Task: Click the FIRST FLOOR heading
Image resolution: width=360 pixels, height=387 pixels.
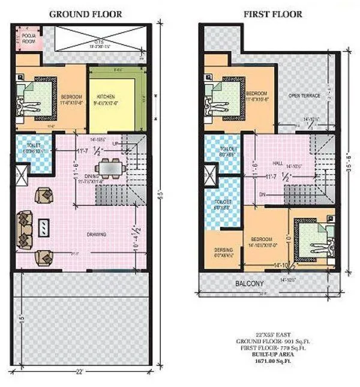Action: pos(274,14)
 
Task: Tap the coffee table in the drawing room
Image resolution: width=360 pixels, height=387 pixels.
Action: pos(44,227)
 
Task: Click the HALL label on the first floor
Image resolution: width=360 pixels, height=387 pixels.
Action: pos(277,162)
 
